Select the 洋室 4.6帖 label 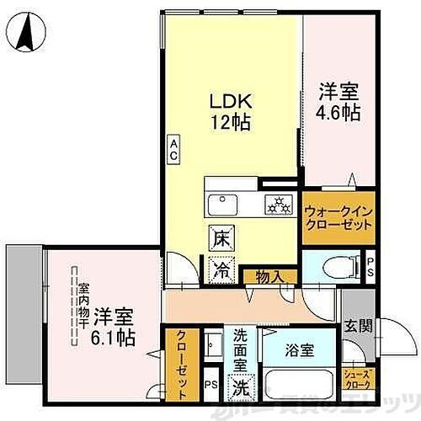tap(339, 100)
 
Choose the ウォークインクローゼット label tap(329, 217)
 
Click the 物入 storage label tap(264, 275)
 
